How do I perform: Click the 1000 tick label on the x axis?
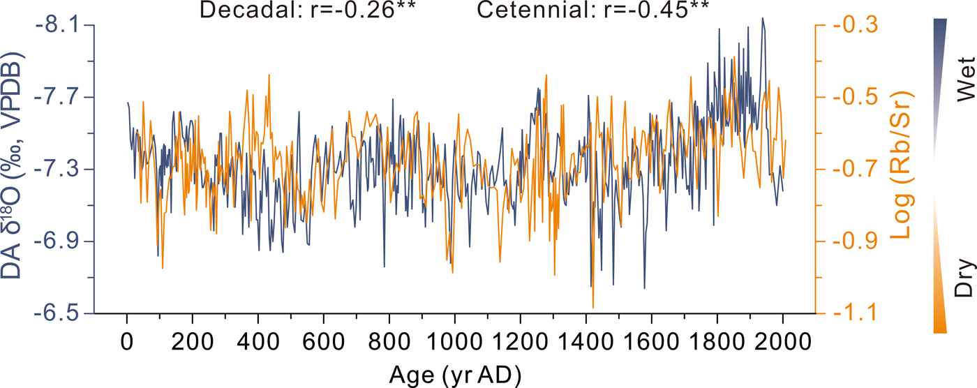click(x=454, y=343)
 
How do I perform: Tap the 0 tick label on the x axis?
click(x=126, y=343)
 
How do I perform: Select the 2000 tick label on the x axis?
click(x=782, y=343)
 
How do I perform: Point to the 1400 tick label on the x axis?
click(x=586, y=343)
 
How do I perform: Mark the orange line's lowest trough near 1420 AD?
click(x=593, y=307)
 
